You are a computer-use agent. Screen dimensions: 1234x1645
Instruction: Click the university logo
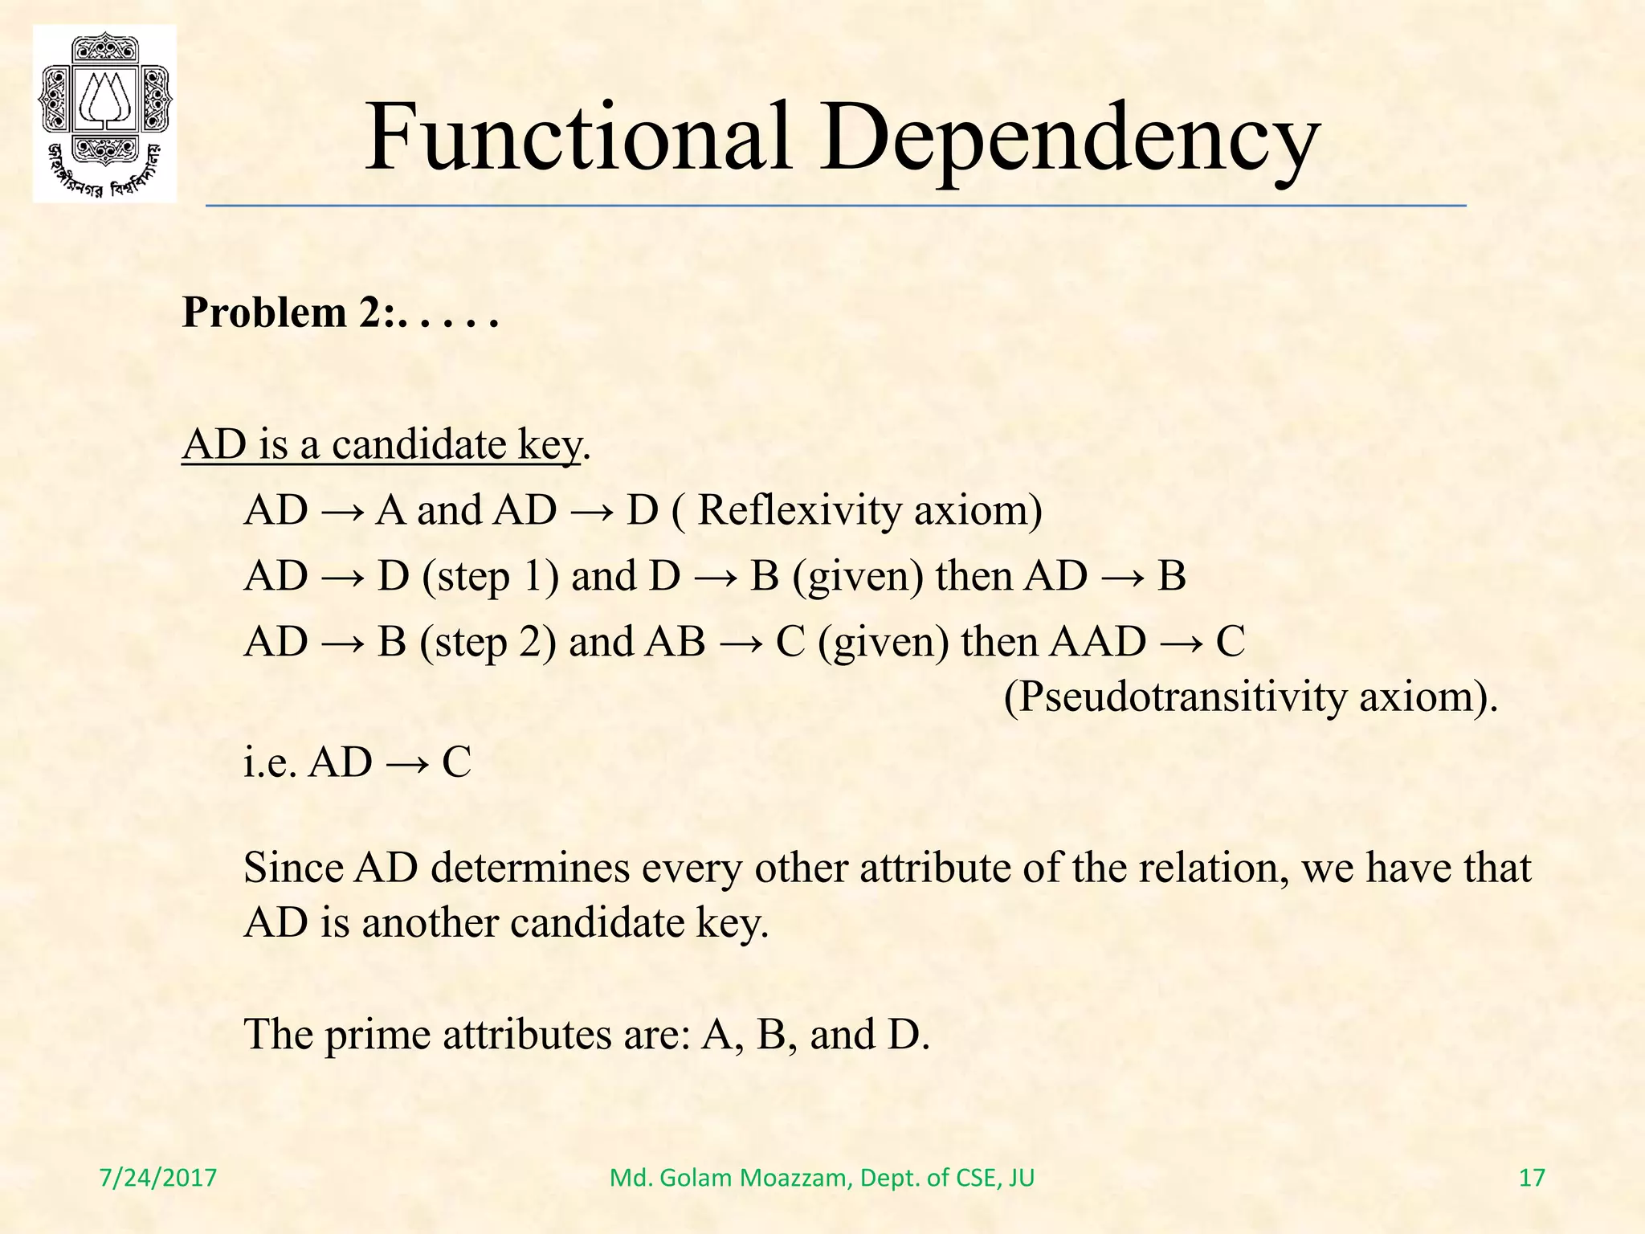(104, 113)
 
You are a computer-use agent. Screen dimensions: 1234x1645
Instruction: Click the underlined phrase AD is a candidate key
(381, 444)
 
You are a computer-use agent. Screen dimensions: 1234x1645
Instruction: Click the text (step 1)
(490, 577)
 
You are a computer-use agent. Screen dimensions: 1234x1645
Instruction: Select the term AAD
(1098, 642)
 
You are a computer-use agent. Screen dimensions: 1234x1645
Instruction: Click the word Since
(292, 868)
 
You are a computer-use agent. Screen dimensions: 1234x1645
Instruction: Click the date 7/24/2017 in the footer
(158, 1178)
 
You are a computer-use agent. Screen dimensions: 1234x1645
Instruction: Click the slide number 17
(1532, 1178)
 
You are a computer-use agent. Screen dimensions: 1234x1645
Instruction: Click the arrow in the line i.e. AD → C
(406, 763)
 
